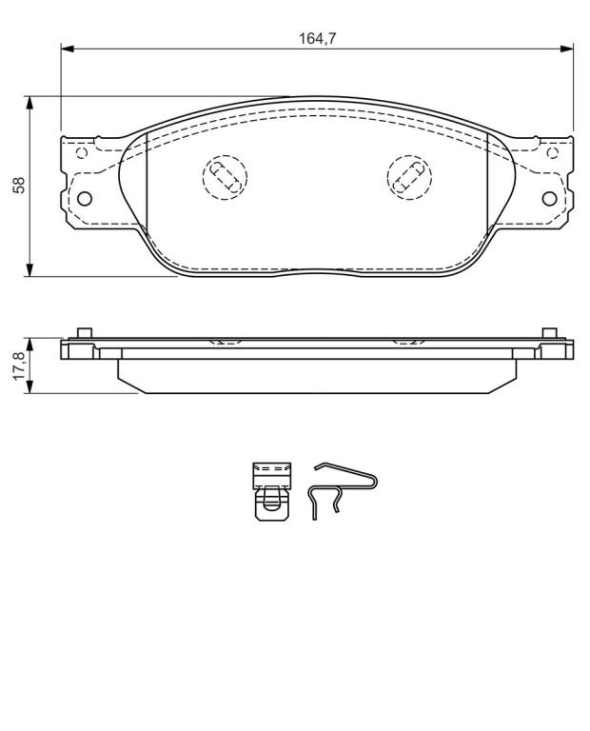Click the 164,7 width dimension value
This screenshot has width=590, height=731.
point(317,39)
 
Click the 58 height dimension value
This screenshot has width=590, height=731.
point(19,185)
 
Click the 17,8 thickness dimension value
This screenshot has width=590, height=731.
point(19,366)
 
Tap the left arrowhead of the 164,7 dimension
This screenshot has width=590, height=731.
point(68,49)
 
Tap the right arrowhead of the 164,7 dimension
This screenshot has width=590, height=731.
point(567,49)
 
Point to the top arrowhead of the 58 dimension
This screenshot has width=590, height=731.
point(29,103)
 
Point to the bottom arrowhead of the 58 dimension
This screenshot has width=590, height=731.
point(29,270)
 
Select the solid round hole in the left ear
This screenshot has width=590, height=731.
point(85,199)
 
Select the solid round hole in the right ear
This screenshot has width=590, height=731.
point(550,199)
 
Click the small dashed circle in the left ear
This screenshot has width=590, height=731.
point(82,152)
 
